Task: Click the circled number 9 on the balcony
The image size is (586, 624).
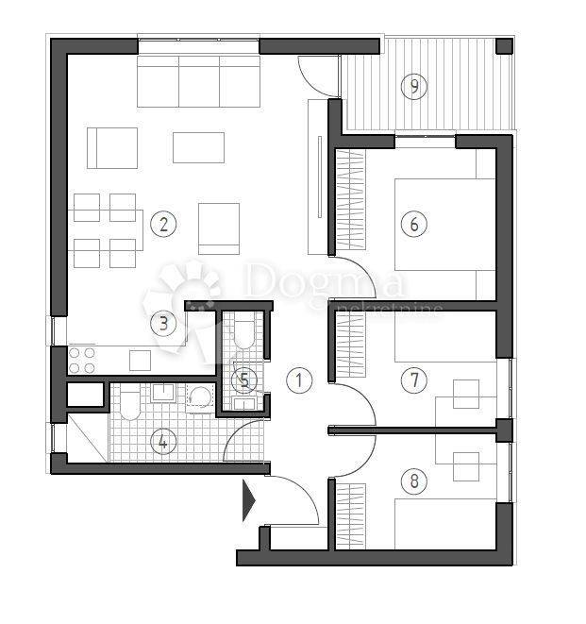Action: (413, 87)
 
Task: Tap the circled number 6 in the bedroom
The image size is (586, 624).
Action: (413, 224)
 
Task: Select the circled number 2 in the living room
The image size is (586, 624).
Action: (163, 224)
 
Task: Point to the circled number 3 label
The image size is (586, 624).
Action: (163, 323)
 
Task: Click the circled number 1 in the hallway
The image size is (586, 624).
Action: (299, 380)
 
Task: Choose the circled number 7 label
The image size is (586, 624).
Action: (413, 380)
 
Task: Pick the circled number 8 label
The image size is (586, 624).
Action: (413, 481)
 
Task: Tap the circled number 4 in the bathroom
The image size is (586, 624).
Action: (163, 441)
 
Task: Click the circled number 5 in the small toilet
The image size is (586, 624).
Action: (245, 379)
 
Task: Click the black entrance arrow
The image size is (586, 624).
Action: (249, 500)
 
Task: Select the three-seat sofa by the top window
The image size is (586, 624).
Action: (198, 81)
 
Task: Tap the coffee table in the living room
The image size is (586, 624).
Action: (198, 147)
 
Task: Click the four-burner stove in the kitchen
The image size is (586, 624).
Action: (82, 360)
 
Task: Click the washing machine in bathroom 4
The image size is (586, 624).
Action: (201, 399)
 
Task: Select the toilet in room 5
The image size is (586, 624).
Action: (243, 333)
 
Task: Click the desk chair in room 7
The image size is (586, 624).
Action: (466, 393)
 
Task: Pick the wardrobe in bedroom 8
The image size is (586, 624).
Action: (350, 514)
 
